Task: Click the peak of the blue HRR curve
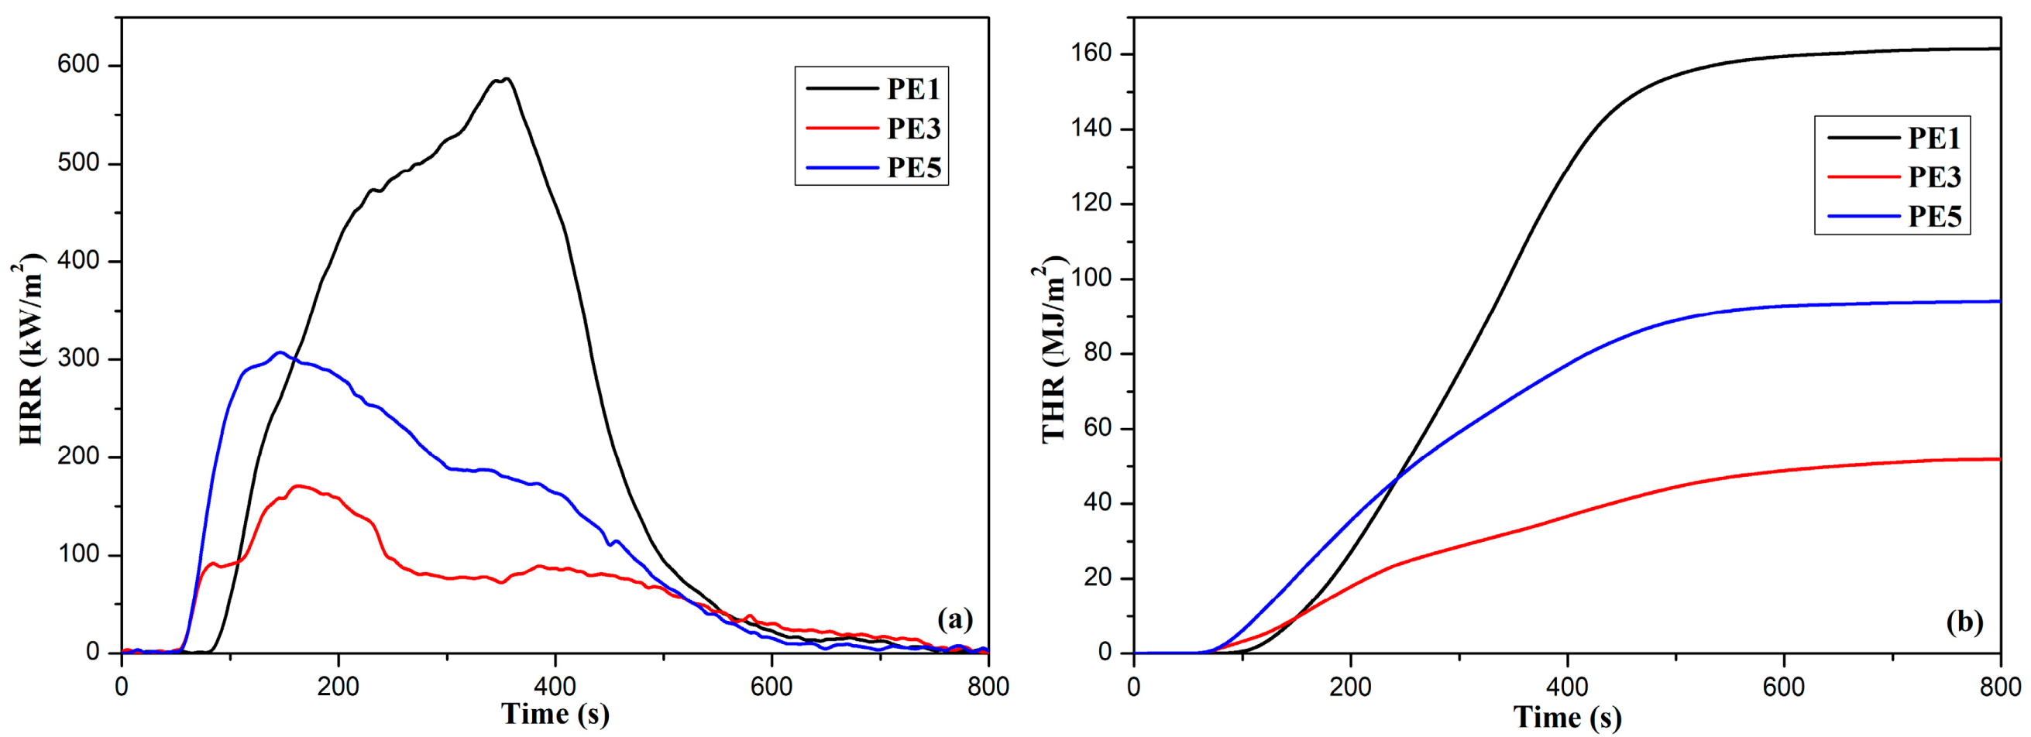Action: pos(279,352)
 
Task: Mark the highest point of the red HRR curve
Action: pos(297,485)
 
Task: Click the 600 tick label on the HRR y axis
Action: pos(78,66)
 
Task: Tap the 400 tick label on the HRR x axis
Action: pos(555,686)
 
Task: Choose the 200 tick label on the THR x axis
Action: pos(1350,687)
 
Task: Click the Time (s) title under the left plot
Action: pos(555,714)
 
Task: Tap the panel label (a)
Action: pos(955,619)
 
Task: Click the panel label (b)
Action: pos(1964,622)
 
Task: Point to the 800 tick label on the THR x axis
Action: pos(2000,687)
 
